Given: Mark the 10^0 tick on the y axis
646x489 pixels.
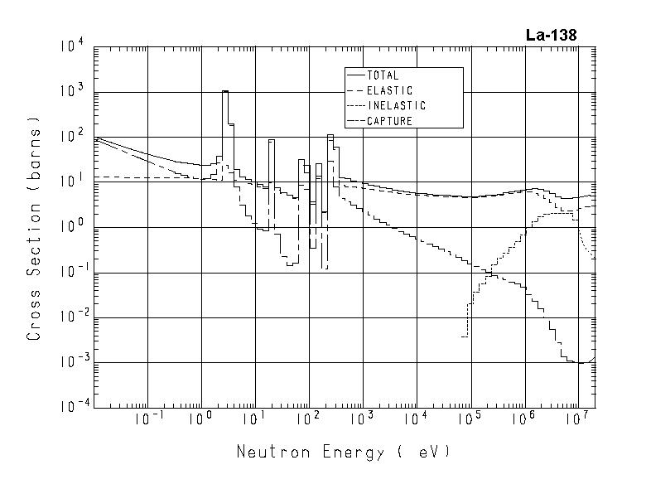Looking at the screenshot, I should (x=71, y=227).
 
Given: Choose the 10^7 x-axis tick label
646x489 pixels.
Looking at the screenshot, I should (x=576, y=420).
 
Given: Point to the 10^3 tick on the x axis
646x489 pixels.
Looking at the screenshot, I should (x=361, y=420).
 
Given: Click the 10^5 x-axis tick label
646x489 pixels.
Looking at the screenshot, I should (x=469, y=420).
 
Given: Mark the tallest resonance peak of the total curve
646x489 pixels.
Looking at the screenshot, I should (x=224, y=92).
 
